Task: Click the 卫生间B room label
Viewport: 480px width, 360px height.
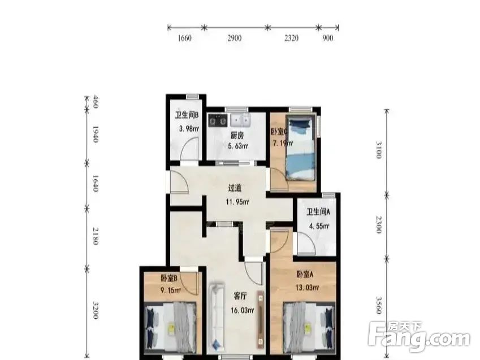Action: click(186, 116)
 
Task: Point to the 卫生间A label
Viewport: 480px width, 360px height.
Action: click(318, 212)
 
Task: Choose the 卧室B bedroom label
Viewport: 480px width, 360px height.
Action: click(170, 278)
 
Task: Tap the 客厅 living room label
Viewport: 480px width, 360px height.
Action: click(242, 296)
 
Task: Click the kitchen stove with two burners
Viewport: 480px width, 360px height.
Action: click(218, 120)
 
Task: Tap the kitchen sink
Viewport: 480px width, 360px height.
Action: click(241, 120)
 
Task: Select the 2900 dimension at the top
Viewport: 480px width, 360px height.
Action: click(235, 38)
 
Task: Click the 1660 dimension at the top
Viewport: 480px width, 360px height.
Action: click(185, 38)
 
